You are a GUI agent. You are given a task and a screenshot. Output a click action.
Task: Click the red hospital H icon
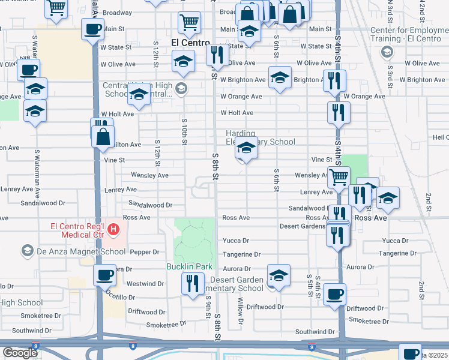(x=112, y=229)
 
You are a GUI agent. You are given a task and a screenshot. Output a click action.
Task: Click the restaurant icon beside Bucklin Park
(x=192, y=282)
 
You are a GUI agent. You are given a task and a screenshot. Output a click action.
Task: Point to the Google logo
(x=20, y=353)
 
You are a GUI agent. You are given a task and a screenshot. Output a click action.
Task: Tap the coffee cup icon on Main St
(x=93, y=29)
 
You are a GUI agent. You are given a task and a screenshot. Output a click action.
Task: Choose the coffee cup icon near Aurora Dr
(x=104, y=275)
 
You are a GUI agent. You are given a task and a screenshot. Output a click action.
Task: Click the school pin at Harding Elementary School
(x=246, y=148)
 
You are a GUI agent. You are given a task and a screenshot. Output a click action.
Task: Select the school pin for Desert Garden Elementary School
(x=279, y=275)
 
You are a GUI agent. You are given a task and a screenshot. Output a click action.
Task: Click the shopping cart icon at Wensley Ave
(x=339, y=176)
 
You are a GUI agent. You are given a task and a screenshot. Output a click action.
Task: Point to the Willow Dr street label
(x=241, y=312)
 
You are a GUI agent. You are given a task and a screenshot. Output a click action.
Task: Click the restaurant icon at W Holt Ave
(x=339, y=112)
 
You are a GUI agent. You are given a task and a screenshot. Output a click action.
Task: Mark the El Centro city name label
(x=190, y=43)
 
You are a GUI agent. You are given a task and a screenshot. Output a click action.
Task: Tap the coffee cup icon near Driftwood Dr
(x=334, y=294)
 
